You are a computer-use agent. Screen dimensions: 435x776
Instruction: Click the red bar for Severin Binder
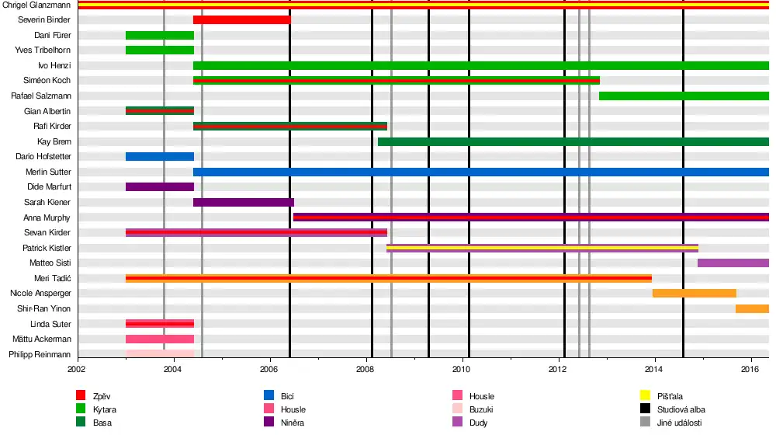242,19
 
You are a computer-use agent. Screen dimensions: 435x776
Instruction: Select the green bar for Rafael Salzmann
684,96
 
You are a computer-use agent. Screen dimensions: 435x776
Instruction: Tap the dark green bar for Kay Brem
573,141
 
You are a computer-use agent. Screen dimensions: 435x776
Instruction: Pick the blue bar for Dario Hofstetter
159,156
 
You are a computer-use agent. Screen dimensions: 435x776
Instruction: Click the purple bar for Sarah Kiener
244,202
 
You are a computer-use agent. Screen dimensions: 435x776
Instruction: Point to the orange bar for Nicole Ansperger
694,293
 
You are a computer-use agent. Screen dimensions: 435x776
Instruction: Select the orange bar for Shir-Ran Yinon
752,308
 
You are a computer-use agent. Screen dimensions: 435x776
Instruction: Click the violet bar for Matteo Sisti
733,263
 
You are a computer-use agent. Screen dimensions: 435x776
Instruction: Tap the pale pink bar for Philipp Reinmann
159,354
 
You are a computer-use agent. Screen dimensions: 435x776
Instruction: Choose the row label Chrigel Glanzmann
36,5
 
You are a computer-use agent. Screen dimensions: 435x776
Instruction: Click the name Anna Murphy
48,217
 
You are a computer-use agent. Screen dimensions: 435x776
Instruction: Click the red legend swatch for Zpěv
81,396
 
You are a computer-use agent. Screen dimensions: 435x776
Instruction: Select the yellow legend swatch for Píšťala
644,396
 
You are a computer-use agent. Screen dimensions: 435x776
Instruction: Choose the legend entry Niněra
293,423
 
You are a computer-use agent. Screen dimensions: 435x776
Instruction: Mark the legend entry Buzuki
481,409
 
